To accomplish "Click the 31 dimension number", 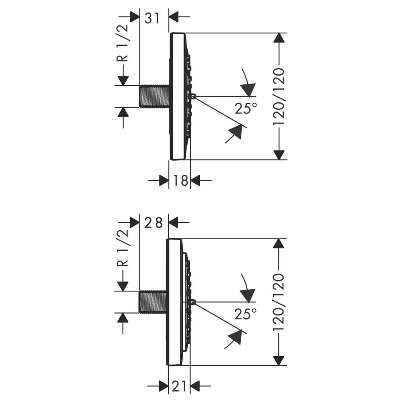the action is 152,18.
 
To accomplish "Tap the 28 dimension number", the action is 153,223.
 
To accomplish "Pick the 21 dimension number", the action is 178,386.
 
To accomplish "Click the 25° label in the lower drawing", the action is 246,314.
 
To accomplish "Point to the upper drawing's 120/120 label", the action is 279,97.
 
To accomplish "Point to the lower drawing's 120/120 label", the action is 279,303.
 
